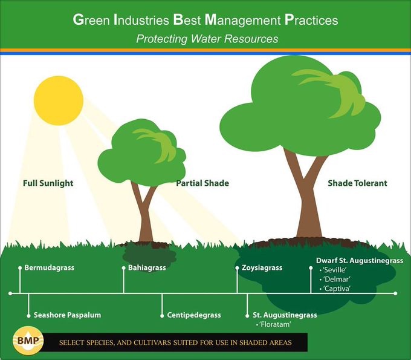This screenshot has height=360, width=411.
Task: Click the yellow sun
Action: tap(58, 101)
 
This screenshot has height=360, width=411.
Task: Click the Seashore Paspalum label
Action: tap(67, 315)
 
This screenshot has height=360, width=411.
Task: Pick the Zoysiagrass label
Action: tap(262, 267)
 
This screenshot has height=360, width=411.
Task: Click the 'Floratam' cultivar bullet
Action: tap(273, 325)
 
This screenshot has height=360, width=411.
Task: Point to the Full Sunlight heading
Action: tap(48, 183)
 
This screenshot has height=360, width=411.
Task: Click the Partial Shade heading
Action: tap(202, 183)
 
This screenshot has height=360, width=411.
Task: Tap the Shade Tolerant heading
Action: tap(357, 183)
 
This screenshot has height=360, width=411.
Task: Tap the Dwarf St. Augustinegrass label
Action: tap(360, 260)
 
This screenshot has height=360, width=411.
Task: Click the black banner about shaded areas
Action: tap(175, 343)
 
